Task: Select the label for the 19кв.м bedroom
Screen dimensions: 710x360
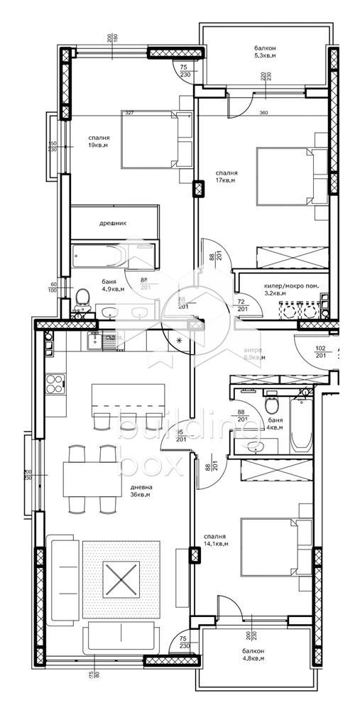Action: point(99,142)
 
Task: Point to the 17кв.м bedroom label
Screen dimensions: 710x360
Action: point(227,177)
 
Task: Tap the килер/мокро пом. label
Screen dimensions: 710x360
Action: point(291,288)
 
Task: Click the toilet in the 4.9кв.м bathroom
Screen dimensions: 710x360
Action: point(83,297)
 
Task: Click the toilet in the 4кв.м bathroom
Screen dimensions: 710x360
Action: point(271,406)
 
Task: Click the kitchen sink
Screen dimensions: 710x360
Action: point(93,342)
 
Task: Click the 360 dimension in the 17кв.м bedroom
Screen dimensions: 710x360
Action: point(263,113)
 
